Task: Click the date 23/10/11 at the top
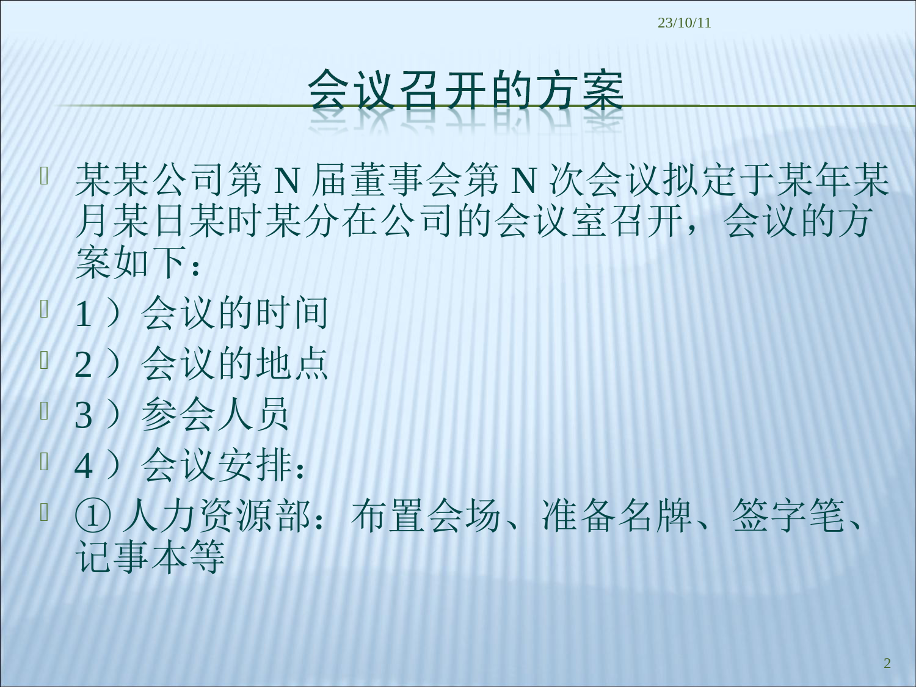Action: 685,23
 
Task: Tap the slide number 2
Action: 887,663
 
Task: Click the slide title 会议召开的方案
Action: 465,90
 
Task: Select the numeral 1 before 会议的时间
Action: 83,314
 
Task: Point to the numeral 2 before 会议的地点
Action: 83,364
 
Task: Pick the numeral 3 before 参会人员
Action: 83,415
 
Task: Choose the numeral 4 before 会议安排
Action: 83,466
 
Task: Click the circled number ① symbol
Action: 93,517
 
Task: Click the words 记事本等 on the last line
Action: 150,558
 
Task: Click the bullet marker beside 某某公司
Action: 44,176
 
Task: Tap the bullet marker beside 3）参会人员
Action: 44,410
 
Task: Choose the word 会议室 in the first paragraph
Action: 551,221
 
